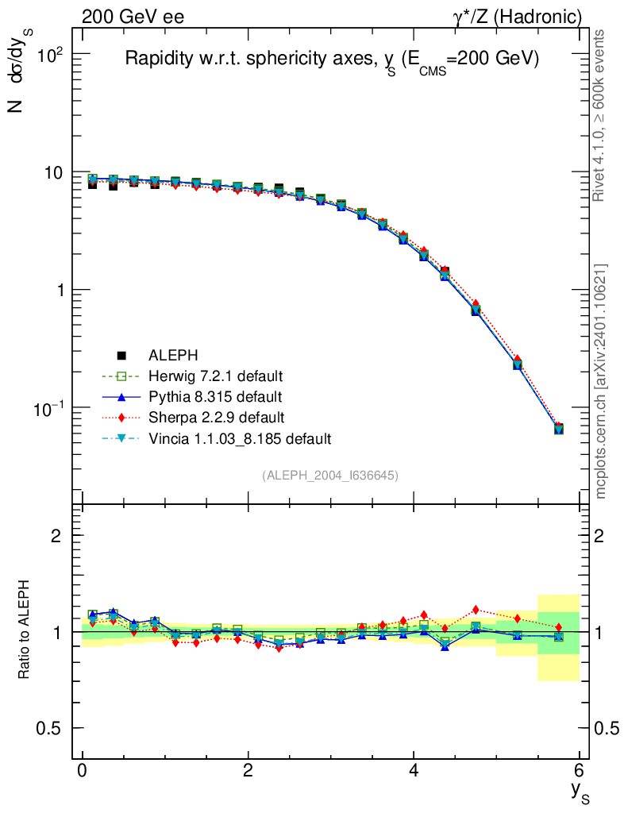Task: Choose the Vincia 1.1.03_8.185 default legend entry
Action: (x=239, y=437)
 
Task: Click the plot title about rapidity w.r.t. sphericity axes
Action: (x=332, y=60)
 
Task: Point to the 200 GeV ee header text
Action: (x=133, y=17)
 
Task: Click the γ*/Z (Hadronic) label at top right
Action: (x=517, y=17)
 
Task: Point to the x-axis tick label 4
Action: (x=414, y=771)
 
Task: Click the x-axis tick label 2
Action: (x=248, y=771)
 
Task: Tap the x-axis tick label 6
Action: (x=579, y=771)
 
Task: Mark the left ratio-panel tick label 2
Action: (x=57, y=535)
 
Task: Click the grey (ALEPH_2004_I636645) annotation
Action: (x=330, y=475)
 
